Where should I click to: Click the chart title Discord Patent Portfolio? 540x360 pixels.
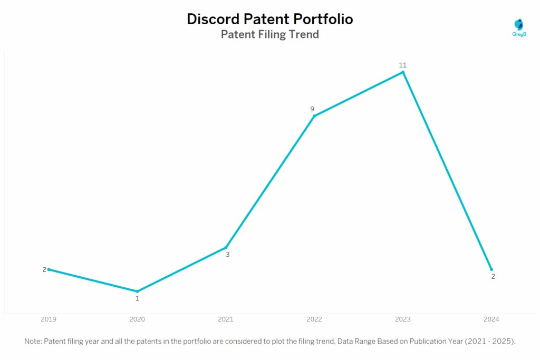tap(270, 20)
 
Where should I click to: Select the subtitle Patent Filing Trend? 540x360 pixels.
tap(270, 35)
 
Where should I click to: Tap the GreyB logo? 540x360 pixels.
tap(519, 27)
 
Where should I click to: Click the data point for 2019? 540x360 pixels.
tap(49, 269)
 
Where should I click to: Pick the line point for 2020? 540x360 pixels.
tap(137, 291)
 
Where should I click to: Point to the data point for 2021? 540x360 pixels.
tap(226, 247)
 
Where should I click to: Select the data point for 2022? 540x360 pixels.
tap(314, 116)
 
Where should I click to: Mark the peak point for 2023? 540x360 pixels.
tap(403, 72)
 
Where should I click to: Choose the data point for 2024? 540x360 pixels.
tap(491, 269)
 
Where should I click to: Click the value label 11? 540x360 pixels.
tap(403, 65)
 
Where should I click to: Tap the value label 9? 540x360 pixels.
tap(312, 109)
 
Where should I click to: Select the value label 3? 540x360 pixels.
tap(228, 255)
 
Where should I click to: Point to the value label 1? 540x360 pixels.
tap(138, 298)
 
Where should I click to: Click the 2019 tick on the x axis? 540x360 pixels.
tap(49, 319)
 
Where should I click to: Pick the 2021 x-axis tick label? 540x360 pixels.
tap(226, 319)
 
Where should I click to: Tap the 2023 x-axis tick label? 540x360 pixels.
tap(403, 319)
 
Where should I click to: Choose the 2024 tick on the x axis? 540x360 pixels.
tap(491, 319)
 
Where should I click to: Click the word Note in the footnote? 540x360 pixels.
tap(33, 342)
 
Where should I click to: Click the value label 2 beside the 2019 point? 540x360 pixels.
tap(45, 269)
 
